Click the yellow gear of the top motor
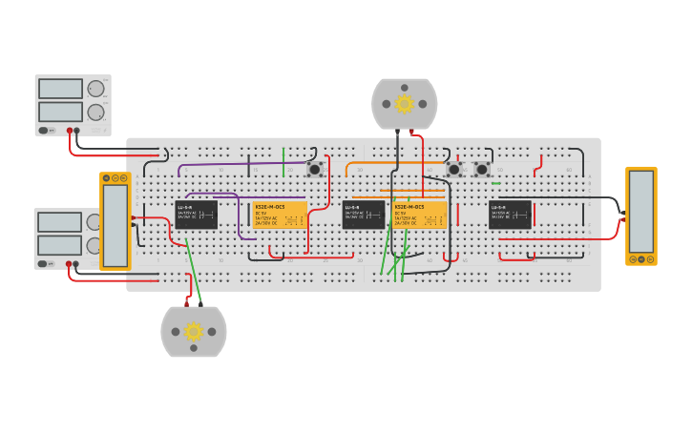pyautogui.click(x=404, y=103)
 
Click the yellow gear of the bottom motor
pyautogui.click(x=194, y=331)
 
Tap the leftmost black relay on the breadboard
pyautogui.click(x=196, y=215)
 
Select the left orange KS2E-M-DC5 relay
pyautogui.click(x=280, y=215)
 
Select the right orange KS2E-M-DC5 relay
pyautogui.click(x=420, y=215)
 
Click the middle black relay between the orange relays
pyautogui.click(x=364, y=215)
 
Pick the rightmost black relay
pyautogui.click(x=510, y=215)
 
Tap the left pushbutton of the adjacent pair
pyautogui.click(x=454, y=170)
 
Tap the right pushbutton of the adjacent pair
pyautogui.click(x=482, y=170)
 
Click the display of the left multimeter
pyautogui.click(x=115, y=225)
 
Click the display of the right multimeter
pyautogui.click(x=641, y=212)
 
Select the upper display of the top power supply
pyautogui.click(x=60, y=89)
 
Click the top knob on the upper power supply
pyautogui.click(x=95, y=89)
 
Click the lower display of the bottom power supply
pyautogui.click(x=59, y=245)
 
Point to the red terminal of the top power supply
pyautogui.click(x=70, y=131)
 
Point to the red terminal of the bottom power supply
pyautogui.click(x=70, y=263)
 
